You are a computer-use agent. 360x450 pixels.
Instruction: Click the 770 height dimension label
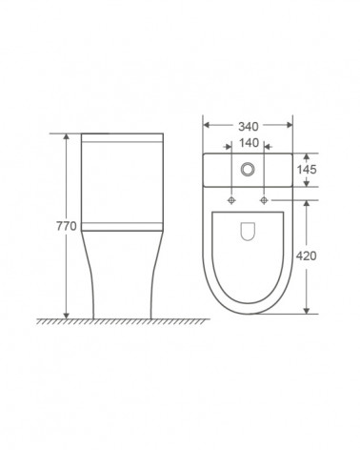pyautogui.click(x=67, y=226)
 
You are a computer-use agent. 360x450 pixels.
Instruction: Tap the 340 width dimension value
pyautogui.click(x=249, y=127)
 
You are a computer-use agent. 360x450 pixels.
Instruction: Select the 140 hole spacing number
pyautogui.click(x=249, y=143)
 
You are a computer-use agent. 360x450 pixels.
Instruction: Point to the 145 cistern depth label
pyautogui.click(x=307, y=170)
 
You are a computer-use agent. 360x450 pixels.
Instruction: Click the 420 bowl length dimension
pyautogui.click(x=306, y=256)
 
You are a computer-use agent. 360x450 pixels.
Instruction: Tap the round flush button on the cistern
pyautogui.click(x=248, y=169)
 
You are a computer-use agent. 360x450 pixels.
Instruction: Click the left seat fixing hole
pyautogui.click(x=231, y=200)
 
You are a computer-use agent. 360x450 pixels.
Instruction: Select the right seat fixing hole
pyautogui.click(x=264, y=200)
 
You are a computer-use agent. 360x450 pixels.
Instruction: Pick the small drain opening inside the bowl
pyautogui.click(x=248, y=231)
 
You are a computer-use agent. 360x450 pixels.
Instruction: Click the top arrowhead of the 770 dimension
pyautogui.click(x=66, y=137)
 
